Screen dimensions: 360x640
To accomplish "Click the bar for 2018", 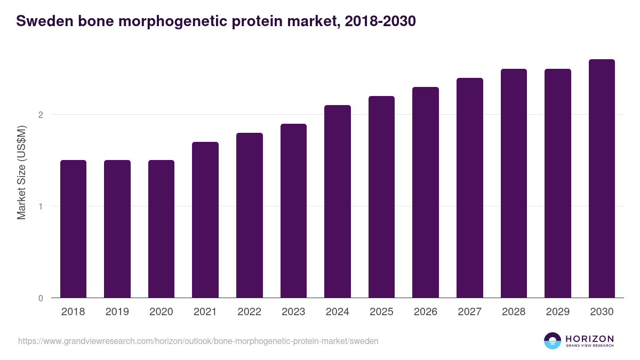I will point(73,229).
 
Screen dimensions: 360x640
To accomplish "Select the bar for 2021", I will point(205,220).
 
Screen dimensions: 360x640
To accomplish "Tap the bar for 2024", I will point(338,202).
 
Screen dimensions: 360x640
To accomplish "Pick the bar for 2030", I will point(602,179).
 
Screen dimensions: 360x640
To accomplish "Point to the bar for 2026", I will point(426,193).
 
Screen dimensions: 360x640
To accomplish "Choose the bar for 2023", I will point(293,211).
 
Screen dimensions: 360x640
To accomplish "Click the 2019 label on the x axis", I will point(117,312).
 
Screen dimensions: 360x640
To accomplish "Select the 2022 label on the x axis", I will point(249,312).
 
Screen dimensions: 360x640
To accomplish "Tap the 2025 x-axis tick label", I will point(381,312).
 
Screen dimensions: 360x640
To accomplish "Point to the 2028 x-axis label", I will point(514,312).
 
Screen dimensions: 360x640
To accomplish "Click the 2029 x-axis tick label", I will point(558,312).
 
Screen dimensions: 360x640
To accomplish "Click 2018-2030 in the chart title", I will point(380,21).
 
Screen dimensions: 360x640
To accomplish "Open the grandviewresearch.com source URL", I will point(198,341).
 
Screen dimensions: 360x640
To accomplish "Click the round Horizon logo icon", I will point(553,341).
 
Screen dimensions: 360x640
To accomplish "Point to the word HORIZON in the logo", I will point(589,338).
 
